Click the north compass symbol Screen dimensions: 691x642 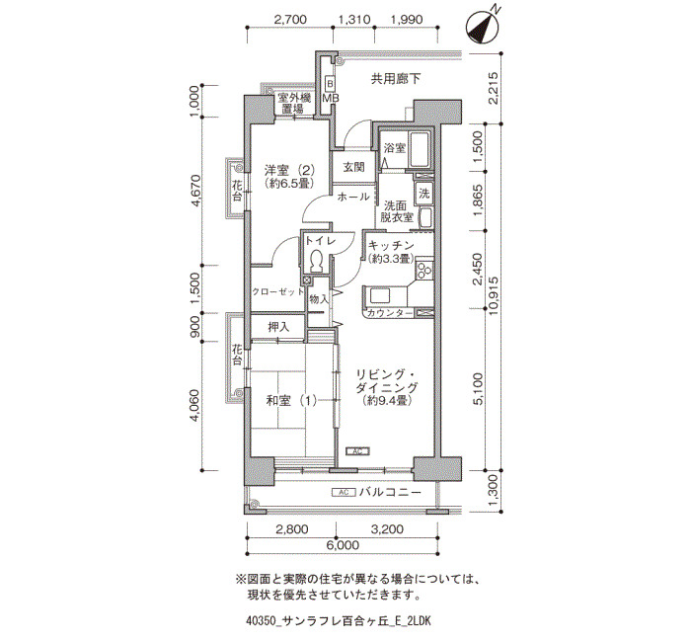click(x=483, y=28)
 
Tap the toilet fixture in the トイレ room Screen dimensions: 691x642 click(x=315, y=262)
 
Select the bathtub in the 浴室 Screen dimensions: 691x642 click(x=419, y=149)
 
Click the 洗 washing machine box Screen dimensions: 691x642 click(x=423, y=194)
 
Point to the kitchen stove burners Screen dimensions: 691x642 click(x=424, y=270)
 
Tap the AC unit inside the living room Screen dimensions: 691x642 click(x=357, y=451)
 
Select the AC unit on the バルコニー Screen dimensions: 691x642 click(x=343, y=492)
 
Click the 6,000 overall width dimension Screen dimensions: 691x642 click(x=343, y=545)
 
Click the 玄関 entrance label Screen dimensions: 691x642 click(x=353, y=167)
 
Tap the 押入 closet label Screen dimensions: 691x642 click(x=278, y=327)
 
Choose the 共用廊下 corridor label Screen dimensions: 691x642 click(x=395, y=79)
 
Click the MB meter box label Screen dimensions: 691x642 click(x=330, y=98)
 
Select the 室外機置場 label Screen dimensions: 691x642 click(x=293, y=103)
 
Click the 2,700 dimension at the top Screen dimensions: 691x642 click(x=290, y=20)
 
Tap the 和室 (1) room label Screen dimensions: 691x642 click(x=291, y=401)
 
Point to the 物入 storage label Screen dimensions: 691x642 click(x=319, y=299)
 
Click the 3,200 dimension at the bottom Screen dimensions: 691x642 click(x=387, y=528)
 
